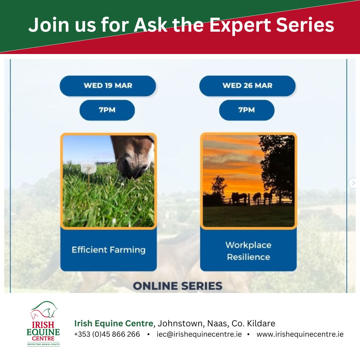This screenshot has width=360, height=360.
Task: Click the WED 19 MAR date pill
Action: (x=108, y=86)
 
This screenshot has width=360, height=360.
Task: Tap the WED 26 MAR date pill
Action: (x=247, y=86)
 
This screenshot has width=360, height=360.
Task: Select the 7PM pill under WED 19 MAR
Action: (x=107, y=110)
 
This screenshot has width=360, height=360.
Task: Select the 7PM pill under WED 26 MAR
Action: (x=247, y=110)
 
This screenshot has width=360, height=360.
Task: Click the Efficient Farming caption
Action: (x=109, y=250)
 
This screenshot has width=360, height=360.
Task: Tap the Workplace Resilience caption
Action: (x=248, y=251)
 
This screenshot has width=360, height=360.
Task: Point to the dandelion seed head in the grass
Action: (x=88, y=166)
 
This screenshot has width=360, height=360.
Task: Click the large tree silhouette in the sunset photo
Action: (x=278, y=160)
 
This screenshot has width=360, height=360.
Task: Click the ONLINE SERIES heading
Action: (x=178, y=286)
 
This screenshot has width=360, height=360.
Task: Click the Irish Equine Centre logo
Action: (x=43, y=323)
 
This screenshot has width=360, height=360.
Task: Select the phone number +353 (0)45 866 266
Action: (x=107, y=334)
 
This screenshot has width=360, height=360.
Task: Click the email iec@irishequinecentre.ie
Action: (x=199, y=334)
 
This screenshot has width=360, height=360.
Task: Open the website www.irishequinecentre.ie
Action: (x=300, y=334)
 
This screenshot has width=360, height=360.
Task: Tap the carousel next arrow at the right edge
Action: (x=353, y=183)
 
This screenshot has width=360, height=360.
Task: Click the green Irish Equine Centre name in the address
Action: (x=114, y=323)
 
